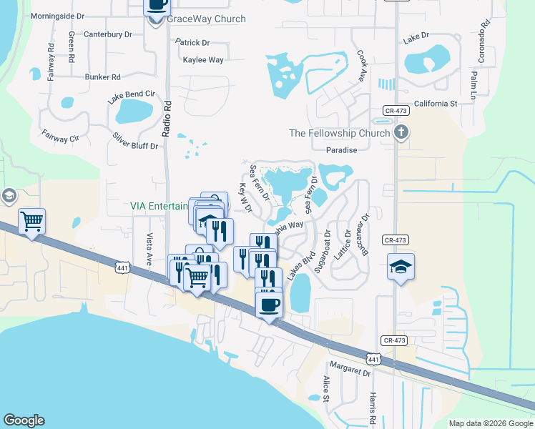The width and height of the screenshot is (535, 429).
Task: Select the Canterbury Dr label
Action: (108, 34)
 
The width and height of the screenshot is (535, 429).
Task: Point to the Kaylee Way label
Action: (203, 60)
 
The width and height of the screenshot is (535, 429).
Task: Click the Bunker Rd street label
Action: (102, 77)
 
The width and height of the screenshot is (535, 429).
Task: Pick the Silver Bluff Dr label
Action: (135, 140)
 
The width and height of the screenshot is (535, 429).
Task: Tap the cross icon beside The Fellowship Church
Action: (402, 132)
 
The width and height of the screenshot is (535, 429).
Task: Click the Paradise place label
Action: (341, 150)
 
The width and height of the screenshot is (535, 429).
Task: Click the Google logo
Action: (24, 420)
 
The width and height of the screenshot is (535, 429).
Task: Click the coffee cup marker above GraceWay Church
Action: (157, 6)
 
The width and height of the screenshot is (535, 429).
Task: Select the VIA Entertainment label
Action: (159, 206)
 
